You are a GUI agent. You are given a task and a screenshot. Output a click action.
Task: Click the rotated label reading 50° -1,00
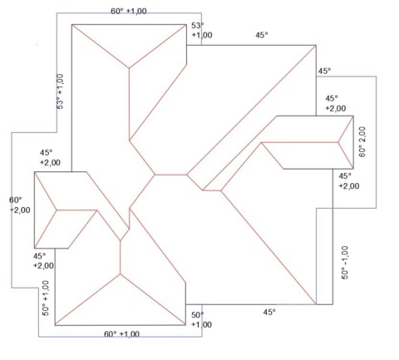click(345, 263)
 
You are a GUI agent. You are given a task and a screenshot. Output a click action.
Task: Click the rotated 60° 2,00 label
click(362, 142)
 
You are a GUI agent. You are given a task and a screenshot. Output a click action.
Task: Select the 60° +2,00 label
click(20, 205)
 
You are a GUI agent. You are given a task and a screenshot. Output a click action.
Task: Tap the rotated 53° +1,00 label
click(60, 91)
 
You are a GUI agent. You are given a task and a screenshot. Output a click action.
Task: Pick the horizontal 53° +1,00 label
click(202, 30)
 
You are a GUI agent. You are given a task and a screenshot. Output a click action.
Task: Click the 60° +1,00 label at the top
click(129, 11)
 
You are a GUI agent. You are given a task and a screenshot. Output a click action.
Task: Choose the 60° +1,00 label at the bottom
click(121, 334)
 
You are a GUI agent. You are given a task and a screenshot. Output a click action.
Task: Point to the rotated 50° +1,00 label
click(46, 298)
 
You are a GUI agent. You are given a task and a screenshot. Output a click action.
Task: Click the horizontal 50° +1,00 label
click(201, 320)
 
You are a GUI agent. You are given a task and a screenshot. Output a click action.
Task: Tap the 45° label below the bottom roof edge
click(269, 313)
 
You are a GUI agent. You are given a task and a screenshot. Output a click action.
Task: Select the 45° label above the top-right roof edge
click(262, 35)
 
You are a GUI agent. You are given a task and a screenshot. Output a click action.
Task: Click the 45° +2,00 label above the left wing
click(50, 157)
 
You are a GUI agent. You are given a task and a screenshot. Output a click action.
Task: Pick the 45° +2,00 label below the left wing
click(43, 261)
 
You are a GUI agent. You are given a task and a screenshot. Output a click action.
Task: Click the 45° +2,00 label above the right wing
click(336, 103)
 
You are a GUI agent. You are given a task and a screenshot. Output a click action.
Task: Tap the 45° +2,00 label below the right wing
click(349, 180)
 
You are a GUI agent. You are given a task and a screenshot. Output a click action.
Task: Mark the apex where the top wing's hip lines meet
click(129, 68)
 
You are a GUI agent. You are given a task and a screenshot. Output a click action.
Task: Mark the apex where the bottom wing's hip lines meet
click(121, 274)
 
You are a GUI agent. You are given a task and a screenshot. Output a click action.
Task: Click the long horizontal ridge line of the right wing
click(300, 142)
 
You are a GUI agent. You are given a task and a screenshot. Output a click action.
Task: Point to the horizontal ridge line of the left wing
click(76, 210)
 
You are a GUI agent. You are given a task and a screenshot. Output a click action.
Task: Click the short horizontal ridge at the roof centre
click(171, 175)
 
